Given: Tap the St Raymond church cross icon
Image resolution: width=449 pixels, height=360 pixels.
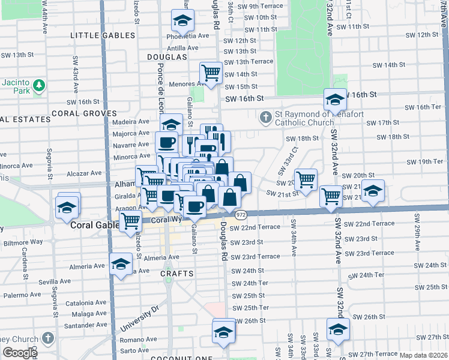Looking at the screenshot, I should [x=265, y=116].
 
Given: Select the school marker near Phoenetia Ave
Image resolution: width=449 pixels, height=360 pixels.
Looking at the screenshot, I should [x=181, y=22].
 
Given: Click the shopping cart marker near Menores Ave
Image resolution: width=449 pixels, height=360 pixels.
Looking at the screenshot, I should [x=211, y=73].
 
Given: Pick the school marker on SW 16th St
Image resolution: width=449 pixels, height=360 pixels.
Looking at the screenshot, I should [x=335, y=99].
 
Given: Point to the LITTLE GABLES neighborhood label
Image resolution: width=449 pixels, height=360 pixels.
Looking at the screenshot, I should [x=100, y=35].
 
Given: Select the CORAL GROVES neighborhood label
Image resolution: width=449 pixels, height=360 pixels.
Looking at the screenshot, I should [x=84, y=113].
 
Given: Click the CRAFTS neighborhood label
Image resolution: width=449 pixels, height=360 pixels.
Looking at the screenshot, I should [x=177, y=274].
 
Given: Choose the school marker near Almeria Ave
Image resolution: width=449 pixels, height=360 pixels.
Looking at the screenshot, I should [x=121, y=264].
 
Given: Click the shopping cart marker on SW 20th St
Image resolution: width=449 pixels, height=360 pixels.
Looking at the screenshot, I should [x=306, y=179].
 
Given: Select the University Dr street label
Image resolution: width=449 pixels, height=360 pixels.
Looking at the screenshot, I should [x=139, y=319].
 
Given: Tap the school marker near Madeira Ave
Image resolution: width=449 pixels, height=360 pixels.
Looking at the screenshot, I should [x=172, y=125].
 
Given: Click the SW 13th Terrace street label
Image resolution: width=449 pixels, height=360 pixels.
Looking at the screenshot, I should [x=249, y=62].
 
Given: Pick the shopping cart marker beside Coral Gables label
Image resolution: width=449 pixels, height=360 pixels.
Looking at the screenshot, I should [x=130, y=221].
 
